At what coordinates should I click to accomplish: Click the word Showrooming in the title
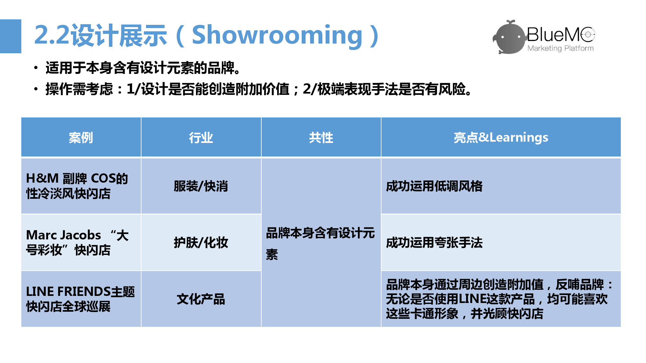277,35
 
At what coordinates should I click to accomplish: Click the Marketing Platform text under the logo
560,48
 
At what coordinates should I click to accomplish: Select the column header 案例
81,137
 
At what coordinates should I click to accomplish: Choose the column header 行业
201,137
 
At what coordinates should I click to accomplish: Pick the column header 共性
321,137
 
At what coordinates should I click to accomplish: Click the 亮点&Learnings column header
501,137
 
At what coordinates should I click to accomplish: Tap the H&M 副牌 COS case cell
81,186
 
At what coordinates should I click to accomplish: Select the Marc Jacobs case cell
81,243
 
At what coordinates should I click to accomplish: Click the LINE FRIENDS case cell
81,299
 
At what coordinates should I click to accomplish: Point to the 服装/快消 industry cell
201,186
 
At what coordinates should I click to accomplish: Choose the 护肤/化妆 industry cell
201,243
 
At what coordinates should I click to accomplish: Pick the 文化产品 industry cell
201,299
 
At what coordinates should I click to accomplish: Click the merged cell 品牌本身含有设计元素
321,243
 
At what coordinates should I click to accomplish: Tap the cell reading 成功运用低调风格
501,186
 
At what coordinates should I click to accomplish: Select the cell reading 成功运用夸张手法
501,243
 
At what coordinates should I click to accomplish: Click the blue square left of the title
11,36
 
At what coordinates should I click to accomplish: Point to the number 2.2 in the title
52,35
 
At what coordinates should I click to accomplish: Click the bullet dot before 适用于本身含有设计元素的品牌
36,68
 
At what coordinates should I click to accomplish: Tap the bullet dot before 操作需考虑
36,89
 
